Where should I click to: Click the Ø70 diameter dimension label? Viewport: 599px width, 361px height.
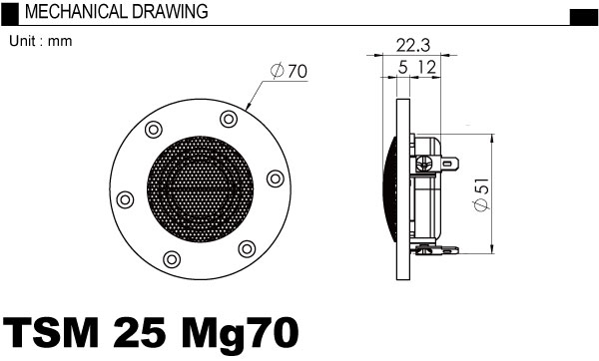tap(289, 71)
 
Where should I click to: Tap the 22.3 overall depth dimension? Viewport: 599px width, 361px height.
tap(412, 46)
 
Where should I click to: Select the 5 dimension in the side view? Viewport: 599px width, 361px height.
tap(402, 68)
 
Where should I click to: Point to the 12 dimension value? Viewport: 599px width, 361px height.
tap(426, 68)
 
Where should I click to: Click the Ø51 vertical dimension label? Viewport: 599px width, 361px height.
tap(481, 194)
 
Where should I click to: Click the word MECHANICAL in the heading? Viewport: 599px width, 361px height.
tap(76, 12)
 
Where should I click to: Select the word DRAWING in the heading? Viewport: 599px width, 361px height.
tap(171, 12)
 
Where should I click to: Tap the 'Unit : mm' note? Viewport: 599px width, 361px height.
tap(41, 41)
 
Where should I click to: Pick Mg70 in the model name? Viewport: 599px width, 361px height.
tap(240, 333)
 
